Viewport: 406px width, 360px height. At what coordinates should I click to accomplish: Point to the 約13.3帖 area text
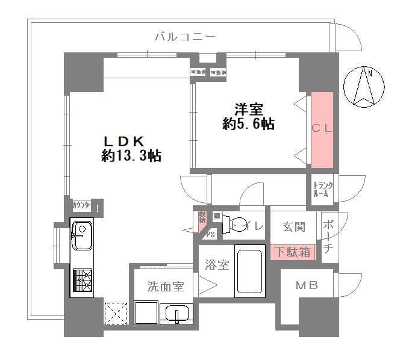coord(131,156)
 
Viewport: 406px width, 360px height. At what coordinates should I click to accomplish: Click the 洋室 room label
coord(248,110)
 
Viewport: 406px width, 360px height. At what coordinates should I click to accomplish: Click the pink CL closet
coord(322,129)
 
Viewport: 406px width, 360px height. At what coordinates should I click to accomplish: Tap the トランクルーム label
coord(322,190)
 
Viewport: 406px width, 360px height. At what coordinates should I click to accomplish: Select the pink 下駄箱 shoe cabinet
coord(293,252)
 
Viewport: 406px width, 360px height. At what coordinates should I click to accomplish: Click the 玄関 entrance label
coord(293,227)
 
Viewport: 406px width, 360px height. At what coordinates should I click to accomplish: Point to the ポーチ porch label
coord(329,237)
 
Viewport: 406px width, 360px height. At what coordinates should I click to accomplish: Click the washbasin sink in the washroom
coord(177,314)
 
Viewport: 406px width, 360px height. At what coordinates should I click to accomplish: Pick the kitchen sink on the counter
coord(81,236)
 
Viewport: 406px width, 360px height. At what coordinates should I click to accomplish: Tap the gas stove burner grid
coord(81,281)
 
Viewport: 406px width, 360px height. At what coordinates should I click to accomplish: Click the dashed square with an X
coord(114,314)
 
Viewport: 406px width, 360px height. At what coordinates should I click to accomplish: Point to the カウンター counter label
coord(82,206)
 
